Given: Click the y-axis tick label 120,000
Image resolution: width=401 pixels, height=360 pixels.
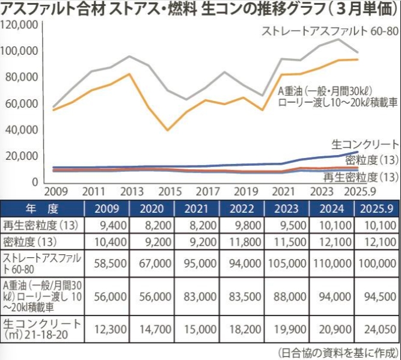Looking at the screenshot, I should pos(20,25).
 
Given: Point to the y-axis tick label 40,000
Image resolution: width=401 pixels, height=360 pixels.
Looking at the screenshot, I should pos(22,129).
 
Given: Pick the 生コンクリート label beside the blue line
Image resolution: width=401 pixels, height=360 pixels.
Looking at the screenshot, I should pos(365,144).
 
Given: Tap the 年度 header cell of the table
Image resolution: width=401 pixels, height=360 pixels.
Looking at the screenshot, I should pos(41,209).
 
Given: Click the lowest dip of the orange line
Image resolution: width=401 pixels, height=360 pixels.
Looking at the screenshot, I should pos(168,130).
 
